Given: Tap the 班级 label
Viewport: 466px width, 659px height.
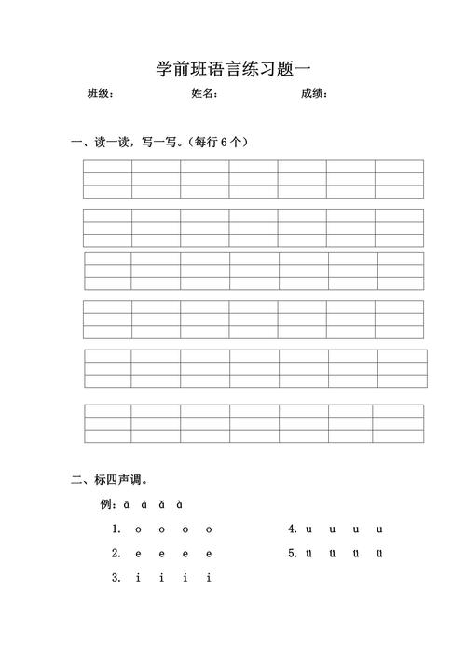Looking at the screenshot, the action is [x=100, y=93].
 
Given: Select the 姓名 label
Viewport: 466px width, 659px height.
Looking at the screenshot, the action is [x=204, y=93].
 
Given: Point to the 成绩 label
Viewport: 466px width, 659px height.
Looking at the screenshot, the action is [x=313, y=93].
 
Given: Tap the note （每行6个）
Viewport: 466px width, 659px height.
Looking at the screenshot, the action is [x=217, y=143].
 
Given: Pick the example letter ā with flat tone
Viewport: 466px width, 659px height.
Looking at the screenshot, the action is [x=127, y=504].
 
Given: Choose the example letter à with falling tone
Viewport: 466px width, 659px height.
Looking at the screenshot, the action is [x=179, y=504].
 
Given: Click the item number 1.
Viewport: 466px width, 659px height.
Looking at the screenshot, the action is [x=116, y=529].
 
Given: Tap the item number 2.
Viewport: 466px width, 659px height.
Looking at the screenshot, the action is [x=116, y=553].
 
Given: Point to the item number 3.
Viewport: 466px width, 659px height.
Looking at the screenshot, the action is [x=116, y=577].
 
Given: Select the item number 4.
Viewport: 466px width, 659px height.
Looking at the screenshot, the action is [x=293, y=529].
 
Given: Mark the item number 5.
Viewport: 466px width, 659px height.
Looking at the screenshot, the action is [x=293, y=553].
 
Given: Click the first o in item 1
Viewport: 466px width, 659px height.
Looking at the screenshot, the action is [x=138, y=529].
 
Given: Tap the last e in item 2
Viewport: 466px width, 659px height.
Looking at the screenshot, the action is [x=209, y=554].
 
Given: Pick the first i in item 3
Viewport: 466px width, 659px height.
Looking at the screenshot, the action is [x=138, y=577].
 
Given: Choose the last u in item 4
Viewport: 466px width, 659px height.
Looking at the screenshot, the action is [x=379, y=529].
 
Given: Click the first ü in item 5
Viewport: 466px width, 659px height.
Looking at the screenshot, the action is [x=308, y=554].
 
